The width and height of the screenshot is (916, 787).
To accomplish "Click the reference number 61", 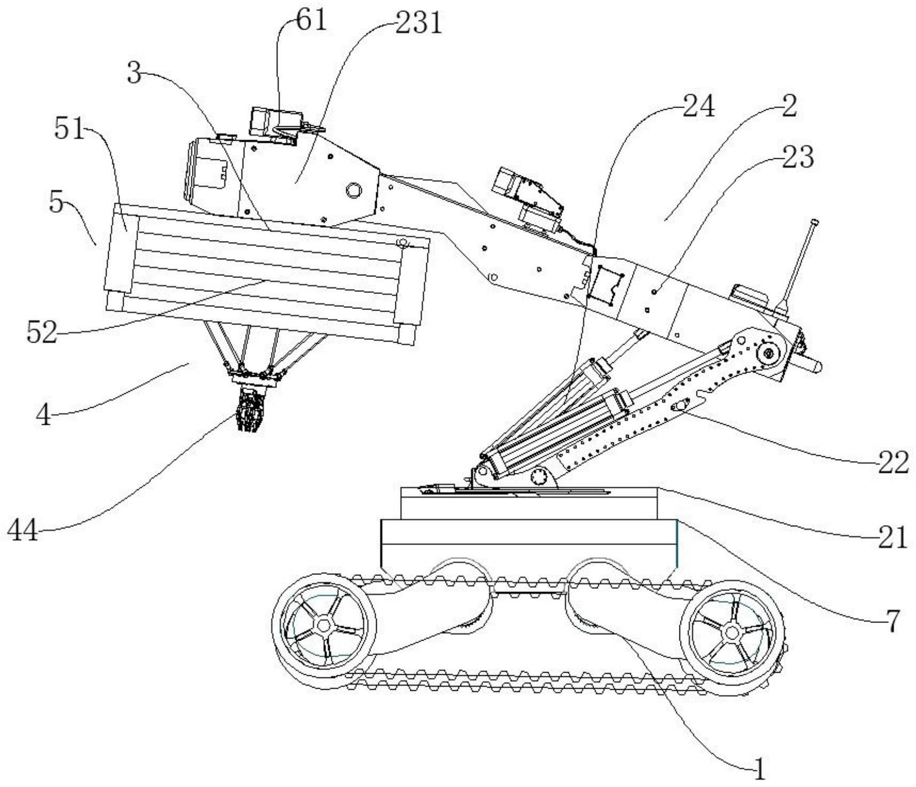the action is click(312, 21).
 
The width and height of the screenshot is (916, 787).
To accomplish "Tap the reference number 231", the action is click(419, 24).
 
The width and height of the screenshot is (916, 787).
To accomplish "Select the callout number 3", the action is click(134, 75).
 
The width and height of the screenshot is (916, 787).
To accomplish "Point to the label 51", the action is click(69, 129).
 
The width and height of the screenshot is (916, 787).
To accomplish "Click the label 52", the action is click(42, 333).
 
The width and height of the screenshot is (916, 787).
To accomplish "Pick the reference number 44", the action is click(23, 530).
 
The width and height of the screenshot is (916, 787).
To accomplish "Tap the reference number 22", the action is click(893, 462).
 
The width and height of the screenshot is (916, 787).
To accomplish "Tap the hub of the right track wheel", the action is click(732, 632).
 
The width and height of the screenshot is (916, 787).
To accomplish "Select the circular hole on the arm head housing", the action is click(353, 190).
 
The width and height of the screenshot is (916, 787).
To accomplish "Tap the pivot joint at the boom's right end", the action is click(769, 354).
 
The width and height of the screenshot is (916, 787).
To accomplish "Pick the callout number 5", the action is click(57, 202).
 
